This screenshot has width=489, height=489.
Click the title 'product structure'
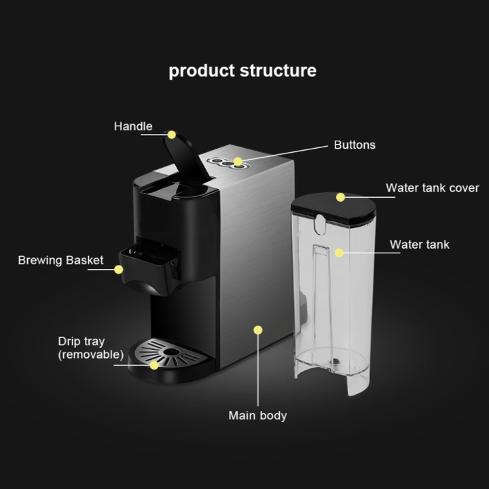242,71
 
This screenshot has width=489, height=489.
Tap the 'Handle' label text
133,126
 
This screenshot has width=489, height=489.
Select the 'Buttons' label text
355,145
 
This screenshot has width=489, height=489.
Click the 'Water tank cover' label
433,188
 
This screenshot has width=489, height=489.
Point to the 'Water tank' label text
419,244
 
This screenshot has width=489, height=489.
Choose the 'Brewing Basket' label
60,260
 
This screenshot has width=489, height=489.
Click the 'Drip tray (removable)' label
90,348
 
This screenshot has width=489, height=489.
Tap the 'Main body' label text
257,415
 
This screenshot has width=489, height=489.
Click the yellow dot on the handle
172,134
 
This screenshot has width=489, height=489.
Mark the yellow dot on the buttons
238,162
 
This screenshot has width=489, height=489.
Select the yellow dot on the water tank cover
341,198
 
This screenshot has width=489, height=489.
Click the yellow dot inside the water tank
338,253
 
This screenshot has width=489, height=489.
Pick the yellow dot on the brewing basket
118,269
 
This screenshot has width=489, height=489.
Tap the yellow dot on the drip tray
154,365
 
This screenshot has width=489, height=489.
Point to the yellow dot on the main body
257,330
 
